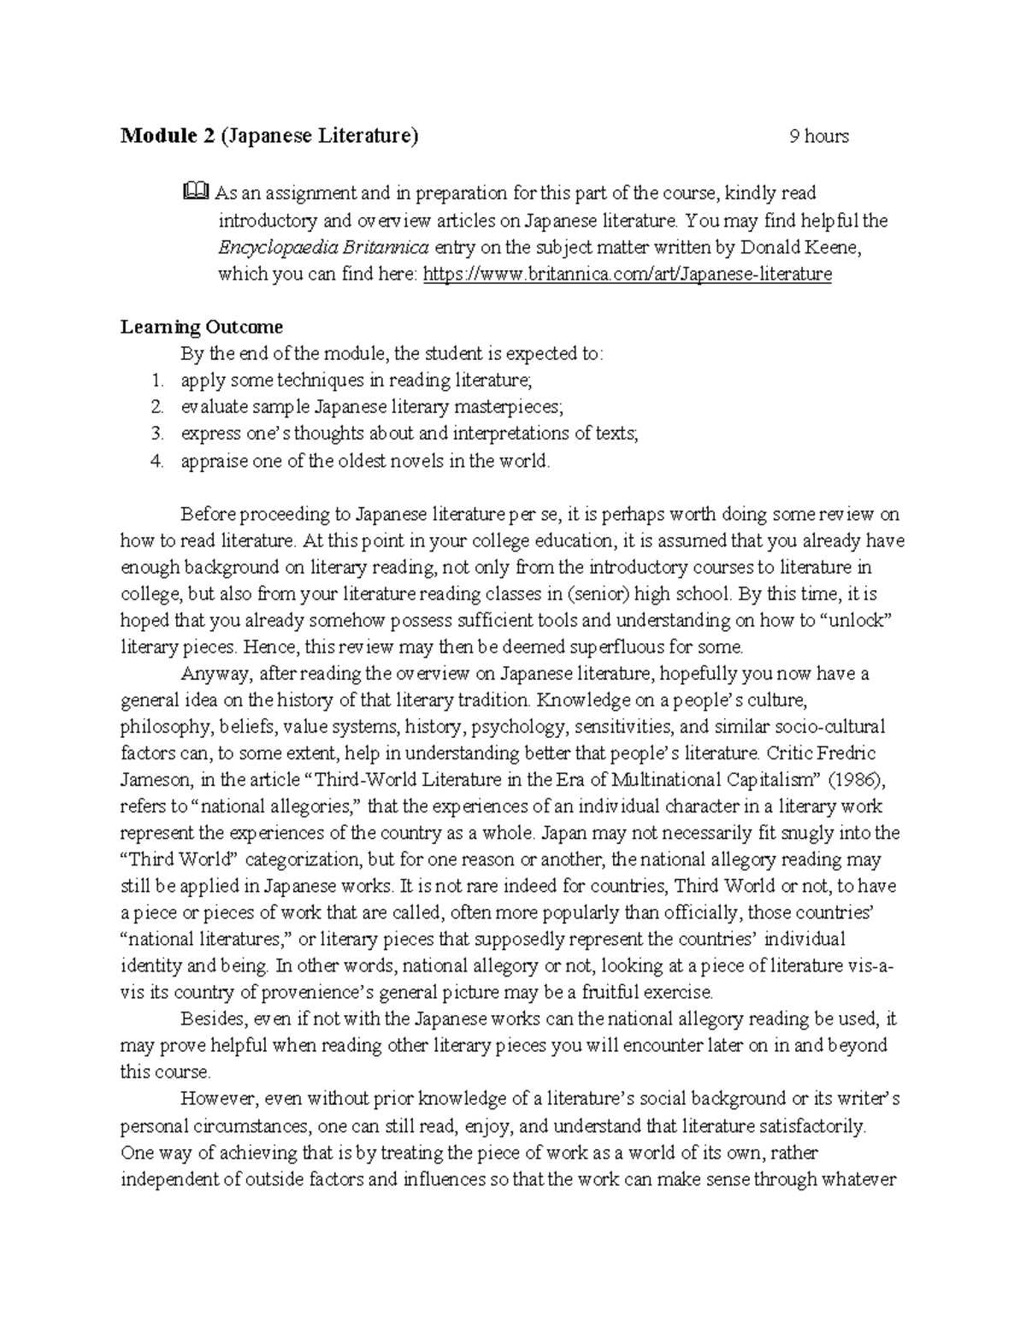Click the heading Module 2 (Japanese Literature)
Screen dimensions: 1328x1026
click(269, 136)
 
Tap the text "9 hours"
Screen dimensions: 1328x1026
click(818, 137)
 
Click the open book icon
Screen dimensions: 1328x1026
click(194, 192)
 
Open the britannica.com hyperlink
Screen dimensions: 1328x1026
click(628, 274)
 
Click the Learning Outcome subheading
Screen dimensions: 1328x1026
click(201, 327)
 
